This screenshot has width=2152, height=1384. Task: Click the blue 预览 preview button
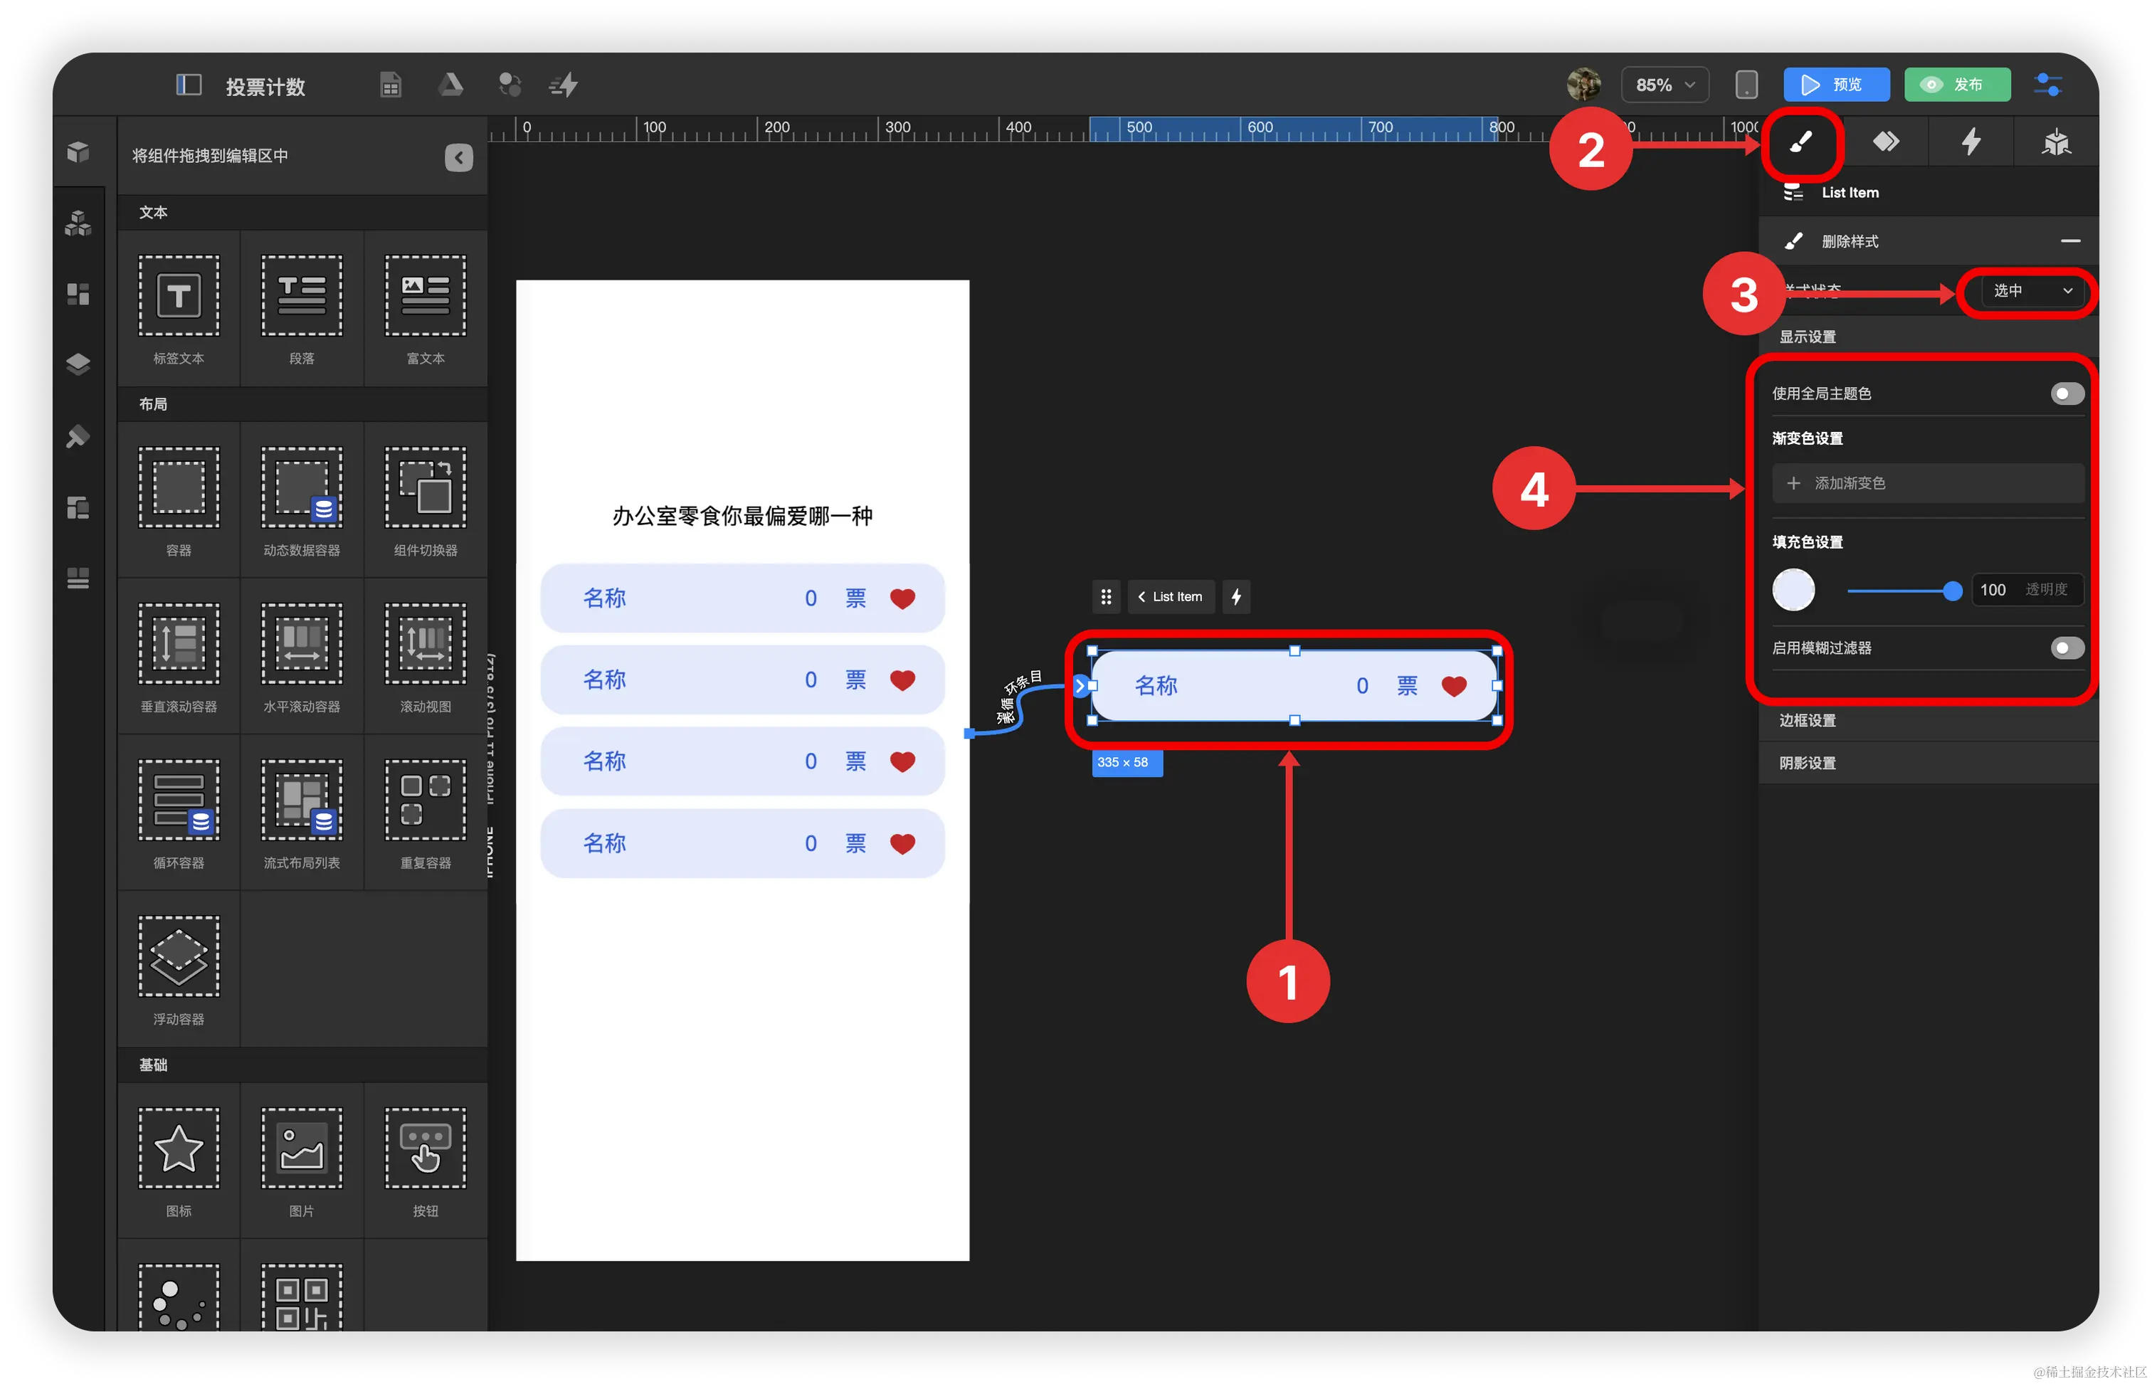(1836, 85)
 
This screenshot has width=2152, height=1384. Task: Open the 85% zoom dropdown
(1664, 85)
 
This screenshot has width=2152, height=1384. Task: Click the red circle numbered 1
(1287, 981)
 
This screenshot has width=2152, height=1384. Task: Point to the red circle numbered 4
(1534, 489)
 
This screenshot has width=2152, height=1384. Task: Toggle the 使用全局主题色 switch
(2067, 393)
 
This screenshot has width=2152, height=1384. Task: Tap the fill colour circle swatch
(1793, 590)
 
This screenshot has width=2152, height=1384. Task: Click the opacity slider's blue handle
(1951, 591)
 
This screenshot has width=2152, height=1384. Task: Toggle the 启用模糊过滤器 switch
(2067, 648)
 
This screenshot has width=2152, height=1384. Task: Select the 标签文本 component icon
(179, 296)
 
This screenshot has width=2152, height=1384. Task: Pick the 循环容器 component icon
(179, 800)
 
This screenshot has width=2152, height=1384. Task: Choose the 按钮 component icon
(425, 1148)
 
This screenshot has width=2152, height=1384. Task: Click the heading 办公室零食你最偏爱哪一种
(742, 516)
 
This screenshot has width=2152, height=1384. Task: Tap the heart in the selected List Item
(1454, 687)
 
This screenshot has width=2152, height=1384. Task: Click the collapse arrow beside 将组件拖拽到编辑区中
(458, 157)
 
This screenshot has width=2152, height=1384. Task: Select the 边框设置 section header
(1807, 721)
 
